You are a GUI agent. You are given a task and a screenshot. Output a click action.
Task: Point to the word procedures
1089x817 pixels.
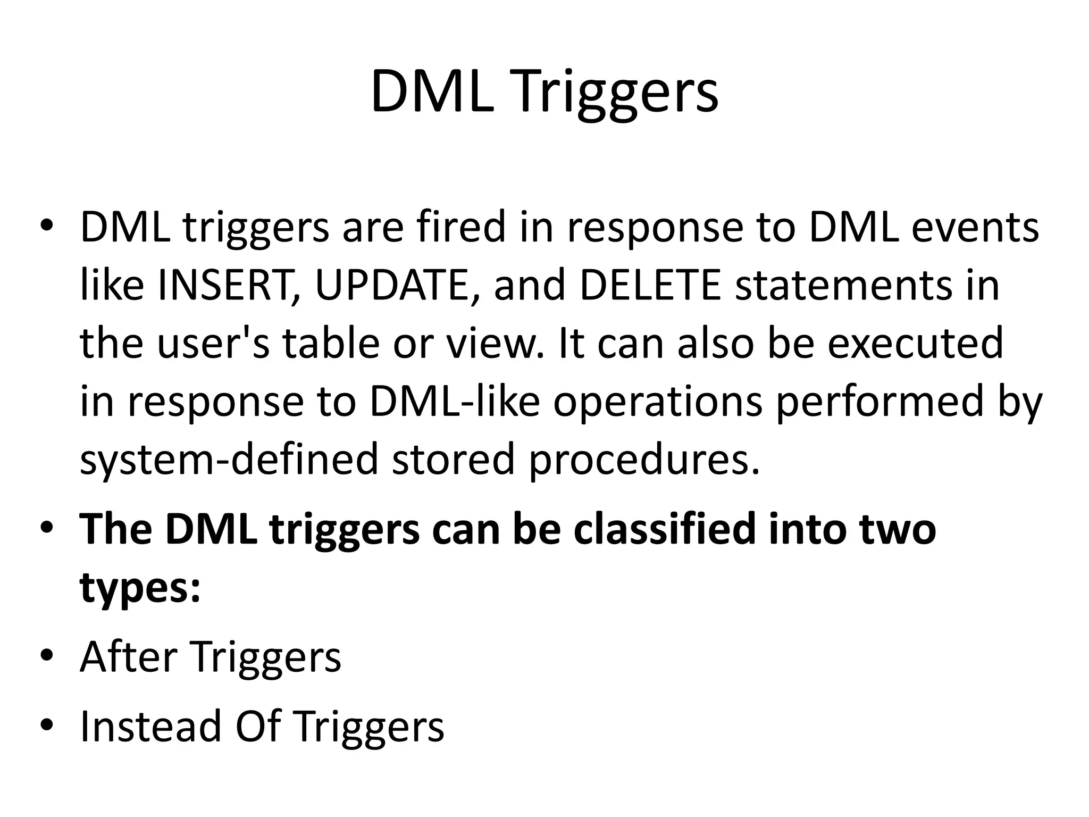[643, 460]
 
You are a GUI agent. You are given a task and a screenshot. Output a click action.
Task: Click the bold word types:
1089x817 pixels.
[140, 589]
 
